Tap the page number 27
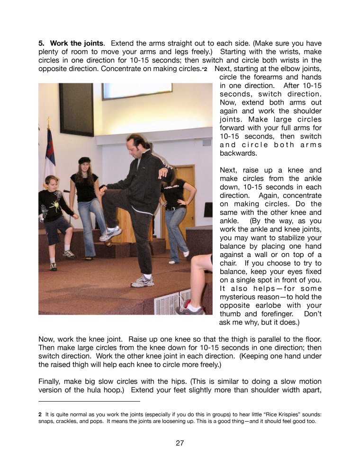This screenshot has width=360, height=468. pos(180,443)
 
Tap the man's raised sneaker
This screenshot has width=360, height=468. pos(110,233)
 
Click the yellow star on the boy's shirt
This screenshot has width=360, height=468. pos(55,205)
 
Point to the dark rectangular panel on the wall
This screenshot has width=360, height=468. pos(76,109)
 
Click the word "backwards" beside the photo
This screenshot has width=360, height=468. pos(238,153)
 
